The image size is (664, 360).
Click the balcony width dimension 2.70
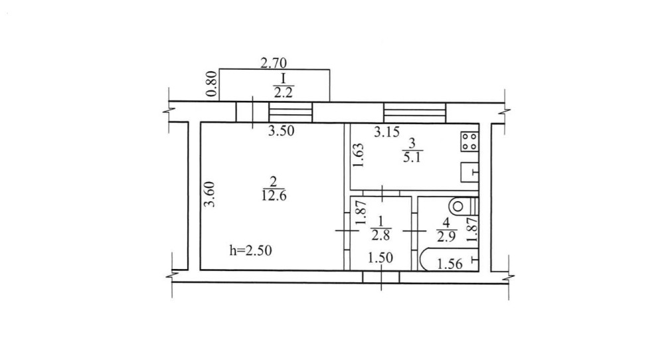pyautogui.click(x=273, y=63)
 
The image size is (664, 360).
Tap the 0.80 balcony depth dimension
pyautogui.click(x=212, y=84)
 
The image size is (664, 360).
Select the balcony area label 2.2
pyautogui.click(x=283, y=92)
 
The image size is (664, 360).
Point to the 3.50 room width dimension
pyautogui.click(x=281, y=131)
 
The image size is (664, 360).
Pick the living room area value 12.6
pyautogui.click(x=274, y=196)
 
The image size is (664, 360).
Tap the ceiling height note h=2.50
pyautogui.click(x=250, y=250)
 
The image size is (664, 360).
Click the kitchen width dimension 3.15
pyautogui.click(x=386, y=132)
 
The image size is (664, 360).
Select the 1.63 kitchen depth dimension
pyautogui.click(x=359, y=155)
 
